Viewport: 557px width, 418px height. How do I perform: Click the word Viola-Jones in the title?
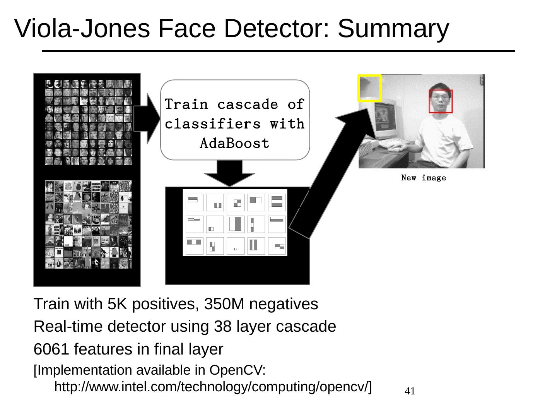click(82, 29)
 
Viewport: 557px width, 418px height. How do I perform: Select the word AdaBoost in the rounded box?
click(234, 144)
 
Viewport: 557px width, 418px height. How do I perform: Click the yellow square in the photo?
click(369, 88)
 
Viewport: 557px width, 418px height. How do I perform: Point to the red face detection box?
click(441, 101)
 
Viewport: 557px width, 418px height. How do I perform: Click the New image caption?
click(424, 178)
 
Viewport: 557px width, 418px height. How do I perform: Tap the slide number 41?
click(410, 391)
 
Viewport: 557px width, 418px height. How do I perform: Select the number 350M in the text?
click(224, 304)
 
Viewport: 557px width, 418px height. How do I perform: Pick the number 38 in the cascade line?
click(222, 327)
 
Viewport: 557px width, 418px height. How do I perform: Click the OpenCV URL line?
click(213, 387)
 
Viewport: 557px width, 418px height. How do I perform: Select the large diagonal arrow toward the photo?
click(329, 170)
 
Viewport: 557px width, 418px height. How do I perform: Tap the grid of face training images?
click(88, 122)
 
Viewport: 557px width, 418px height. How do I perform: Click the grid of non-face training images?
click(88, 224)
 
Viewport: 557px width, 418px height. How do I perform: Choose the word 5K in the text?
click(118, 304)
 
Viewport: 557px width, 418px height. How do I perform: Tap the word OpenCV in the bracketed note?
click(236, 370)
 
